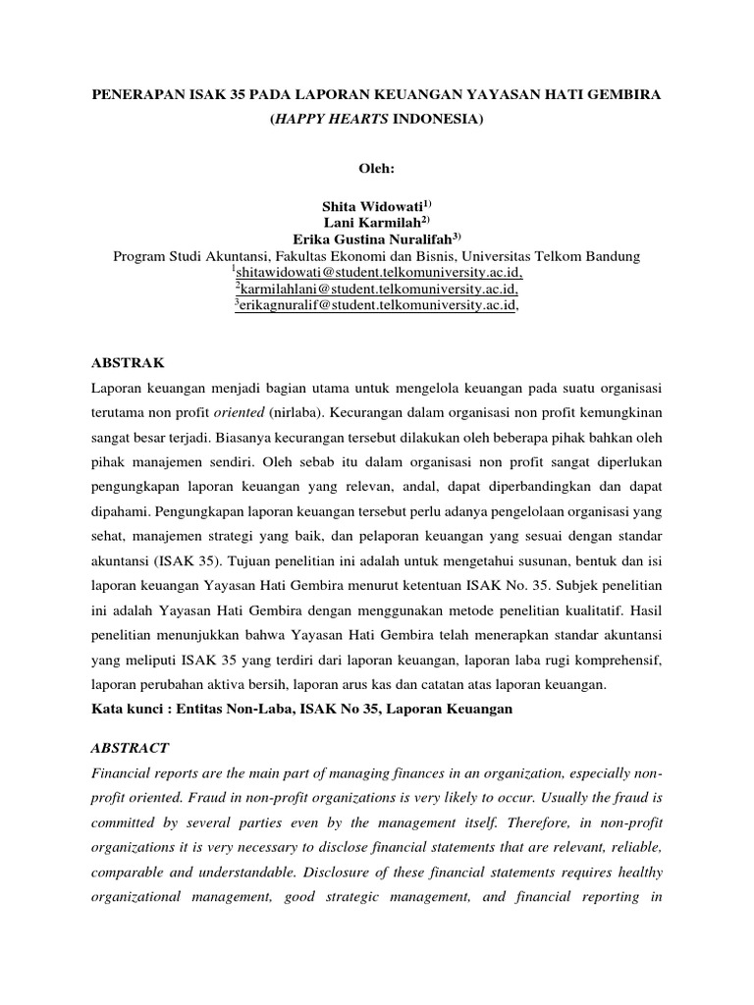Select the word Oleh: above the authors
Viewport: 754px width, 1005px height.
[376, 168]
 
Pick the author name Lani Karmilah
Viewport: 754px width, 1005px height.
[371, 223]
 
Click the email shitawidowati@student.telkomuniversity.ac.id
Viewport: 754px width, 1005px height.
[377, 273]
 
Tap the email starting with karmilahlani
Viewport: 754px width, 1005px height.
[377, 290]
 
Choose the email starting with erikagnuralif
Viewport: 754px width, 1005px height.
[377, 306]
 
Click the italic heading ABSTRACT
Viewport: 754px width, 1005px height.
[130, 748]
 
